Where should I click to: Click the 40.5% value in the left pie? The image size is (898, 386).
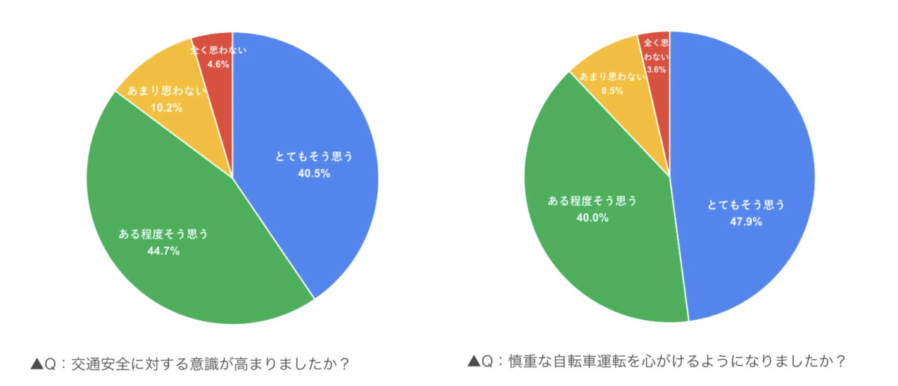[313, 174]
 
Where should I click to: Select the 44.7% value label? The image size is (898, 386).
[163, 251]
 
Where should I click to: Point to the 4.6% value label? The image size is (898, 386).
[219, 64]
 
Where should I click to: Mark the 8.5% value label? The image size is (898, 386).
[613, 91]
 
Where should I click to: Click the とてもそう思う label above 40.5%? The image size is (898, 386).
[313, 157]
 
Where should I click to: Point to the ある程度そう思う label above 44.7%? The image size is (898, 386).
[163, 234]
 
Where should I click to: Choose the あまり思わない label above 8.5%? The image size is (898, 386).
[613, 76]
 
